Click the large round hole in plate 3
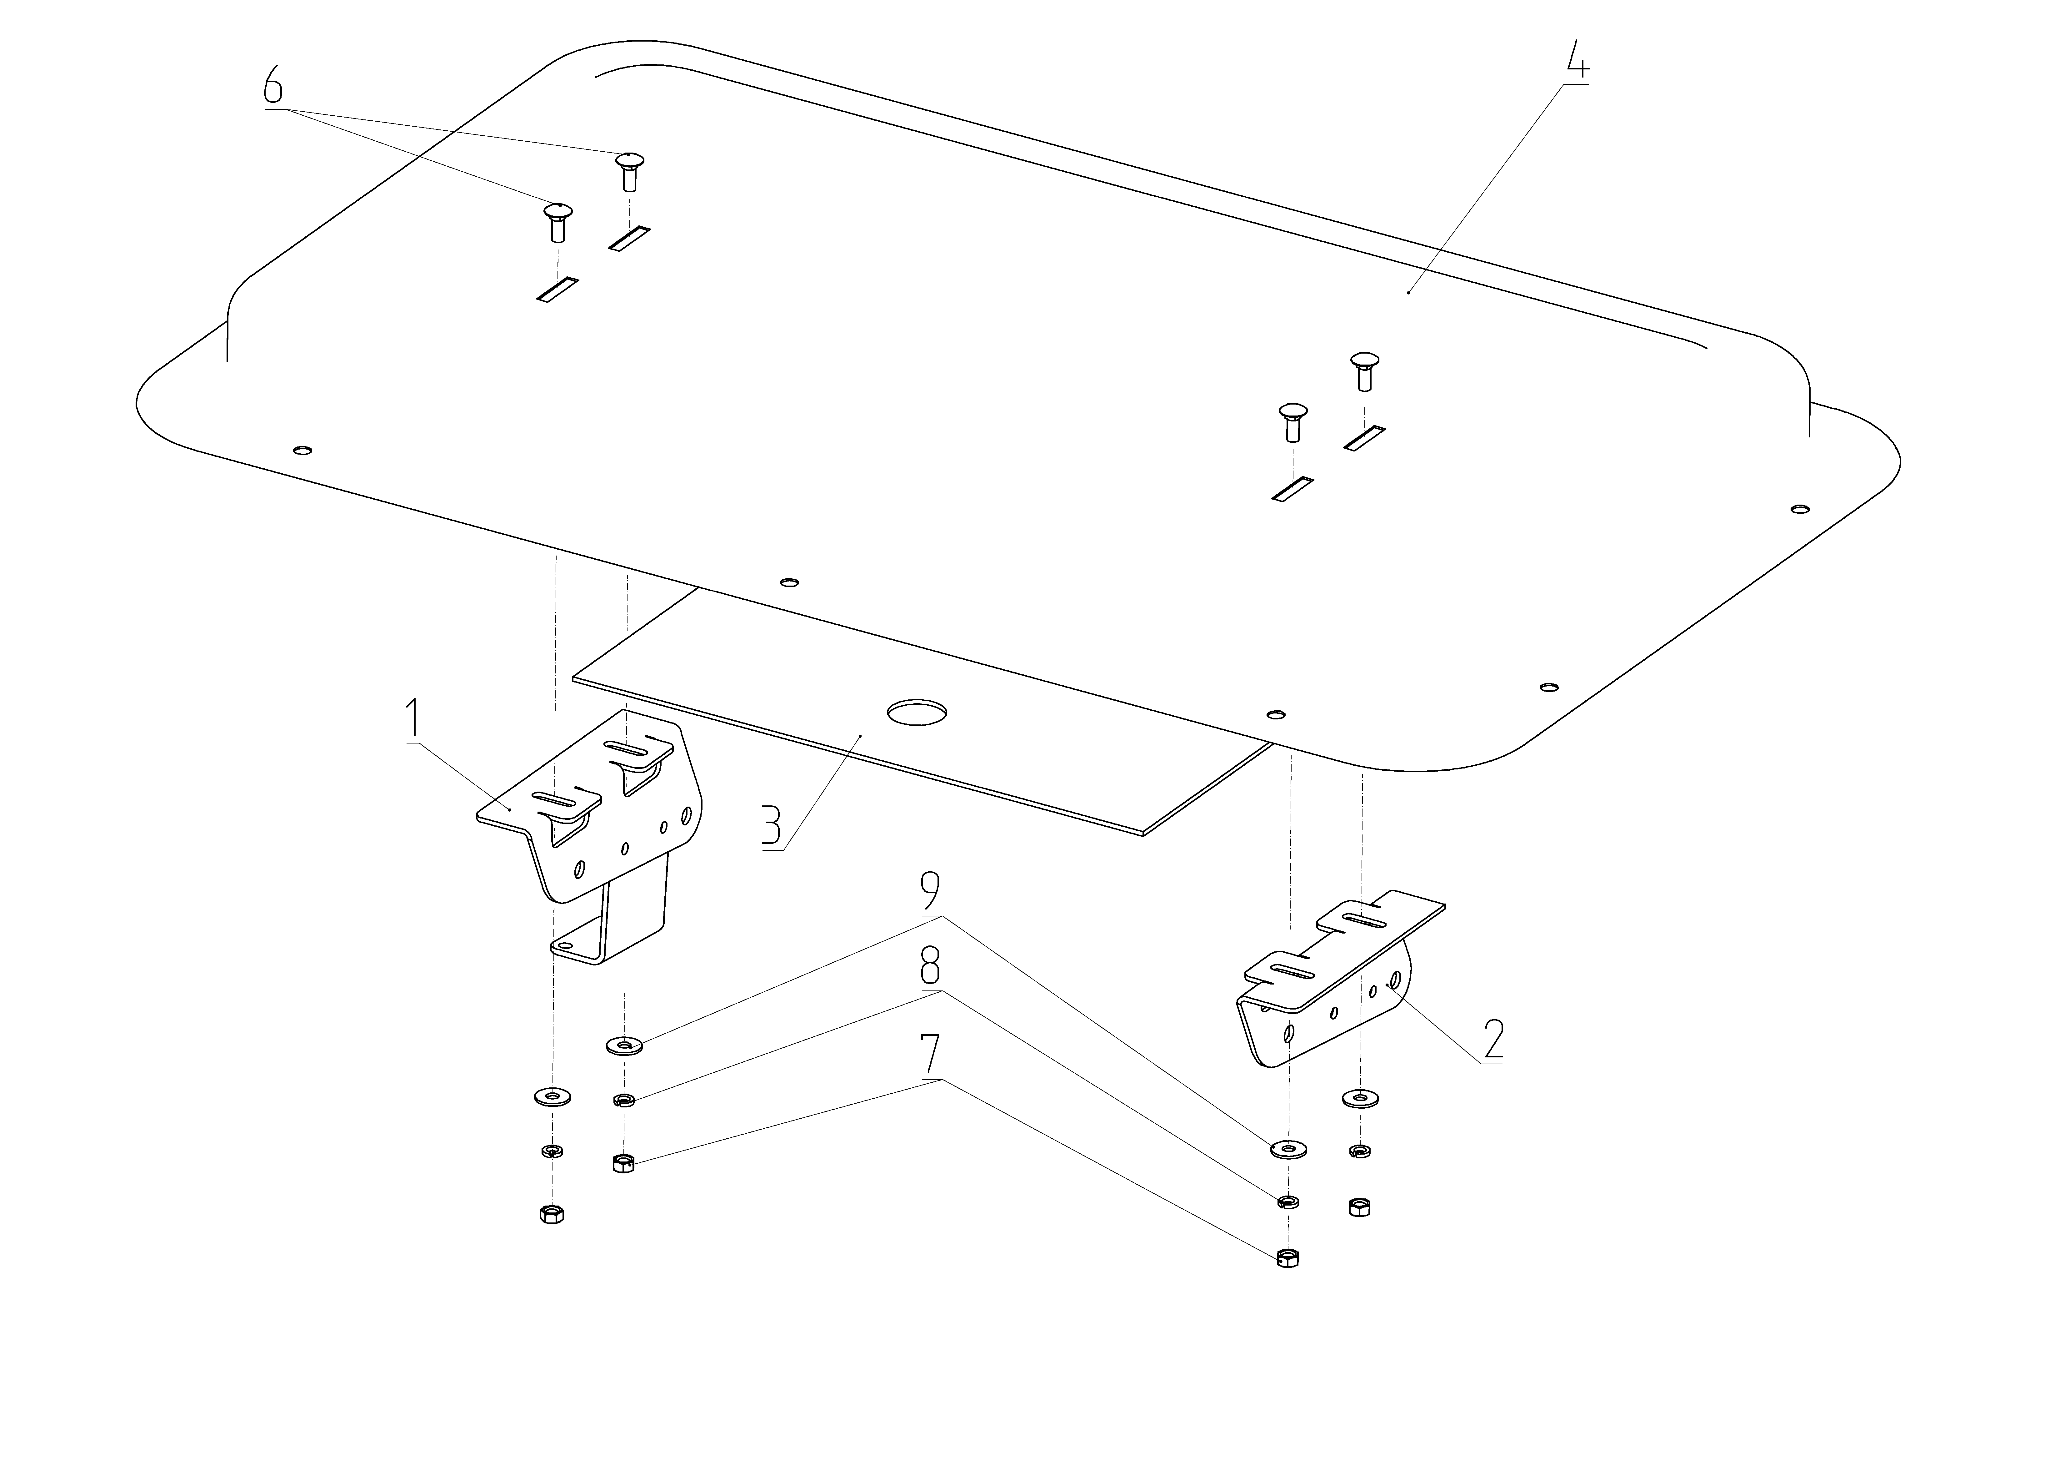click(917, 713)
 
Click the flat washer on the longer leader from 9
click(1289, 1148)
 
